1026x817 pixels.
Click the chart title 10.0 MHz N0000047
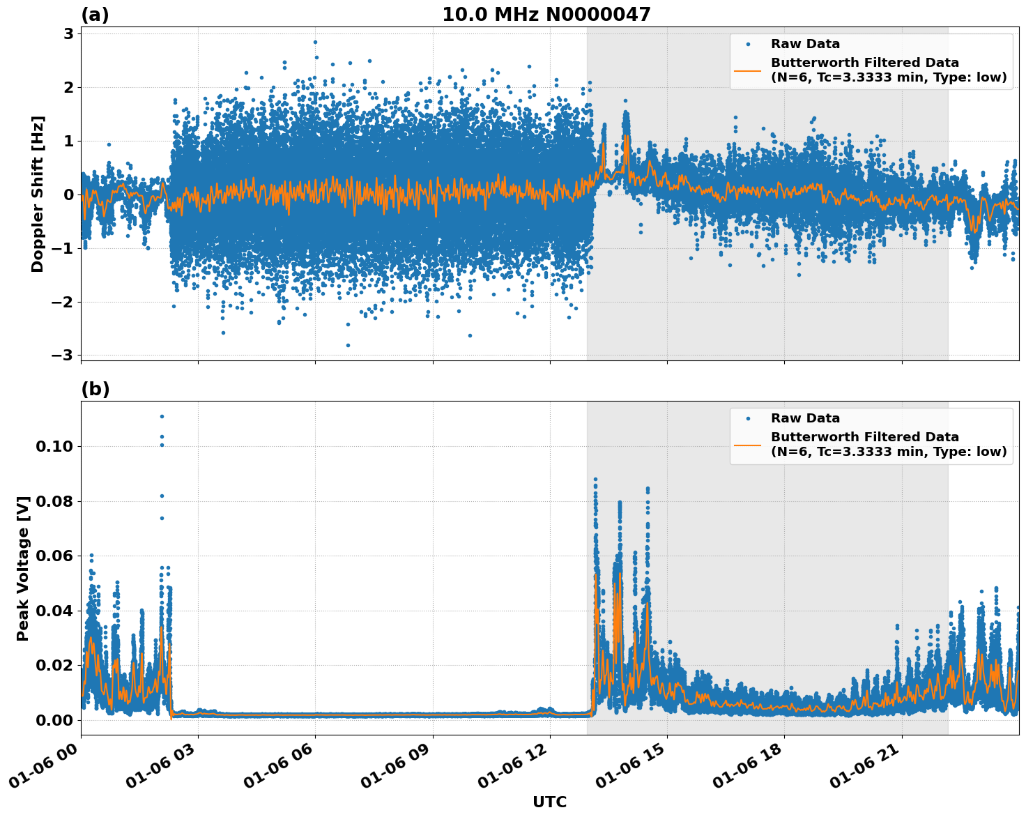point(546,15)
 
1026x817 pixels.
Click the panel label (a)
point(95,15)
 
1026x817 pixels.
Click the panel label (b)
point(95,389)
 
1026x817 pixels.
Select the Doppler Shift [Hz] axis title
point(38,194)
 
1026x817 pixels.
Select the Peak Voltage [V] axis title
point(23,568)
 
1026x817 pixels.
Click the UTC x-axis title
point(549,802)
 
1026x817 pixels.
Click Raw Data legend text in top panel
point(805,44)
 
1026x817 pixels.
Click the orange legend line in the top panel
point(747,70)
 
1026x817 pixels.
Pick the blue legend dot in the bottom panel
point(748,419)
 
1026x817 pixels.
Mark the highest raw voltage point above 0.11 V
point(162,416)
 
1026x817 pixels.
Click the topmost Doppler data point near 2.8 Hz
point(315,42)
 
